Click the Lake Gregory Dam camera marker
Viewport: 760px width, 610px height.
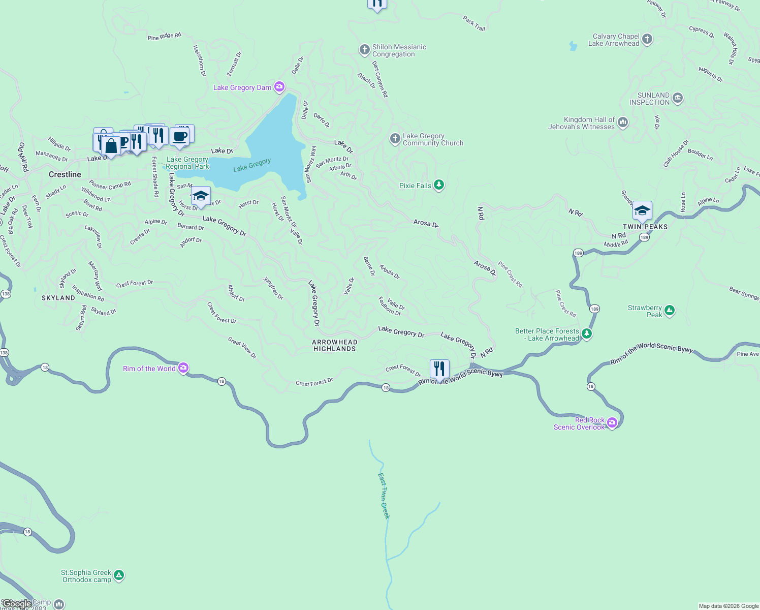(279, 87)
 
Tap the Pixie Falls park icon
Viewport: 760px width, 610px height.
(439, 185)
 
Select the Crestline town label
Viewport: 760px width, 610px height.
(65, 174)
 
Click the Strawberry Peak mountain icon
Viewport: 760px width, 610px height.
(670, 311)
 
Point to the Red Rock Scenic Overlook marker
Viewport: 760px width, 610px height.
(612, 422)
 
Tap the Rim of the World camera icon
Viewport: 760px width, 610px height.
(183, 368)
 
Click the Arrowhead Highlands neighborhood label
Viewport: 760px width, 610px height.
(335, 346)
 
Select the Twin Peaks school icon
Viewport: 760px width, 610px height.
(642, 210)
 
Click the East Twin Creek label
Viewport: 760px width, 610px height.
(384, 496)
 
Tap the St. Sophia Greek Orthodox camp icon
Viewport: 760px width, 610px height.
(119, 575)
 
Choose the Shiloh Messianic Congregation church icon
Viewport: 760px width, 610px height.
(364, 50)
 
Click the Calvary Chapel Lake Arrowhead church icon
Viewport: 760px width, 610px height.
(647, 39)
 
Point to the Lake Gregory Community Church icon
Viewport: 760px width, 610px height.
(395, 139)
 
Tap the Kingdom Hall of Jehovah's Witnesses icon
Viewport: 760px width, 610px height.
(623, 123)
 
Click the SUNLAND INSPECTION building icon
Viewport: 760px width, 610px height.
(678, 98)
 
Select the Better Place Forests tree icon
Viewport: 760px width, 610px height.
(587, 334)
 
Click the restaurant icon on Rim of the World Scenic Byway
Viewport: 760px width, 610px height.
(439, 369)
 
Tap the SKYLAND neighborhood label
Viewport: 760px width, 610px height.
(58, 298)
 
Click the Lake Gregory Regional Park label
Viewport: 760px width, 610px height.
(187, 163)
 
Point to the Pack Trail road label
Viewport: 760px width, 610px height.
(474, 23)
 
